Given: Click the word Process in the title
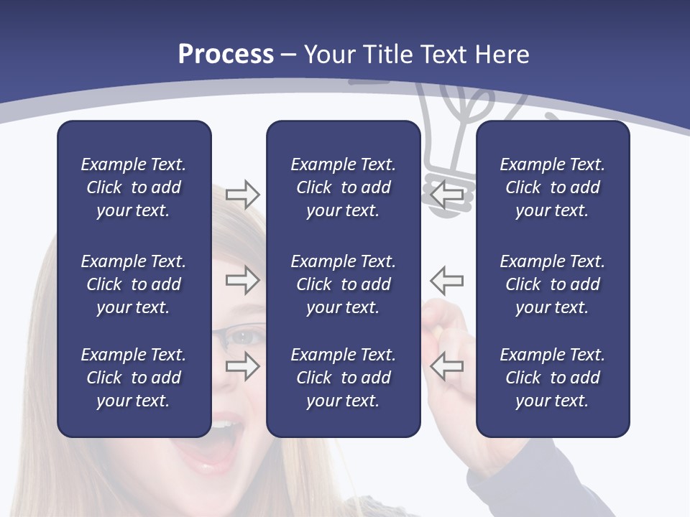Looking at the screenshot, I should click(226, 55).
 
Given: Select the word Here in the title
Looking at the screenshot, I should click(501, 55).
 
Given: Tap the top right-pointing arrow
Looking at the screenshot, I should click(243, 194).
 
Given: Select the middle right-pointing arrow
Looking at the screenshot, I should click(243, 280).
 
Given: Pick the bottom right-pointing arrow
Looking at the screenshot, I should click(243, 366).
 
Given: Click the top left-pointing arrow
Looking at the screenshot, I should click(446, 194).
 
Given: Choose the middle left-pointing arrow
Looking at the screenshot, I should click(446, 280).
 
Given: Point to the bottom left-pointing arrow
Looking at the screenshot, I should click(446, 366).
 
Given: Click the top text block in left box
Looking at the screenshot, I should click(134, 187).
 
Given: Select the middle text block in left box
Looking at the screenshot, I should click(134, 284).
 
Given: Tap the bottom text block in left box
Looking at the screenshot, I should click(134, 378).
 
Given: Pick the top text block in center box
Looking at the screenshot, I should click(343, 187).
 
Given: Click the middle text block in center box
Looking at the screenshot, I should click(343, 284).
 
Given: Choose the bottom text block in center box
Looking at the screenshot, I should click(343, 378).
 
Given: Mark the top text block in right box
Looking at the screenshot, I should click(552, 187).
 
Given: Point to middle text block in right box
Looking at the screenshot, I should click(552, 284).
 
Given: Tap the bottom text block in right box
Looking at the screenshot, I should click(552, 378).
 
